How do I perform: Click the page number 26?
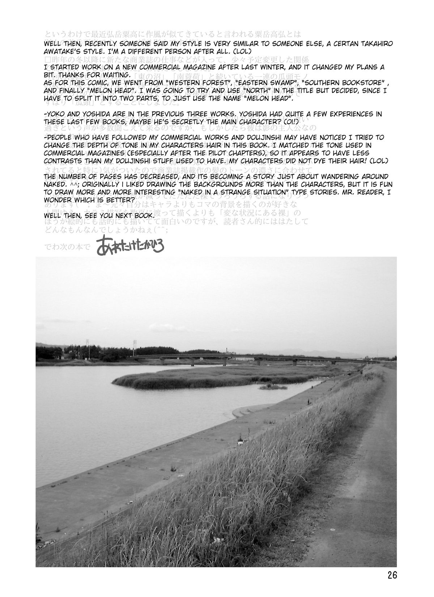pos(392,575)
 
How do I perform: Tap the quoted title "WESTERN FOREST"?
pos(196,82)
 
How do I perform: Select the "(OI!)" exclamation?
pos(288,121)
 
